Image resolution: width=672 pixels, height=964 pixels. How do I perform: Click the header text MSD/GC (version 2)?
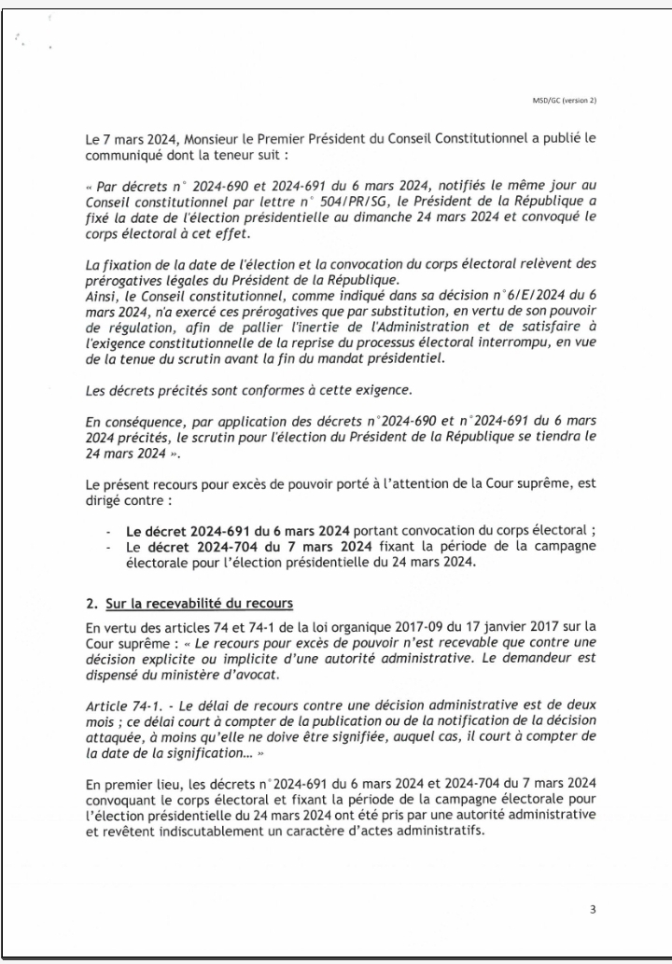pos(563,100)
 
